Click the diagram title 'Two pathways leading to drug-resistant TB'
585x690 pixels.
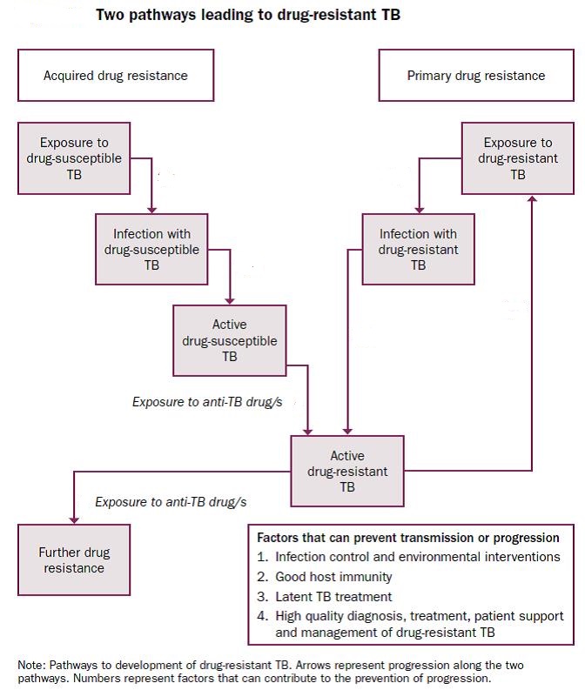point(248,15)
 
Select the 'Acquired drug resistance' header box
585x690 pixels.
point(116,75)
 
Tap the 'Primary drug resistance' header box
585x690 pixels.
point(476,75)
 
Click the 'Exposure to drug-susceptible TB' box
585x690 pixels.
point(74,158)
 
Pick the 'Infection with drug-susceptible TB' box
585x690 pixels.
point(151,250)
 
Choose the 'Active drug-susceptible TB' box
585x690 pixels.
point(230,340)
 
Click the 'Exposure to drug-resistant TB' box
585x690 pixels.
point(518,158)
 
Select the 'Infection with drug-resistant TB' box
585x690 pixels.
point(418,250)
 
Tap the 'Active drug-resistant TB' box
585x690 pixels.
point(347,471)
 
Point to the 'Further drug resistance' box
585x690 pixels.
point(74,559)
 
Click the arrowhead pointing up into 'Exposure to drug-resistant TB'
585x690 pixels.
point(532,199)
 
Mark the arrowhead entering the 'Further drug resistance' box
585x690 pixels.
point(74,520)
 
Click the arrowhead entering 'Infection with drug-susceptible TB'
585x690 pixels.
point(151,211)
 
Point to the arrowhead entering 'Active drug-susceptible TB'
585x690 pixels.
point(230,301)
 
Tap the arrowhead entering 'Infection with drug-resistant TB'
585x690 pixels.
point(419,211)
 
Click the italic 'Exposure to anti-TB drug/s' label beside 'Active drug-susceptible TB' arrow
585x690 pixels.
point(207,402)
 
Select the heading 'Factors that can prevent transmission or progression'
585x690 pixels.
point(408,538)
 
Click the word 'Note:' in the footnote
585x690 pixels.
point(31,665)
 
